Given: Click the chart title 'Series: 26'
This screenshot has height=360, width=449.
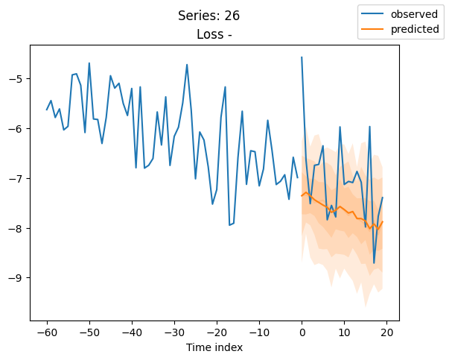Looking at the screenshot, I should [x=208, y=16].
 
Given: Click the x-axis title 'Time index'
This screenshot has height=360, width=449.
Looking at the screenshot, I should [x=214, y=347].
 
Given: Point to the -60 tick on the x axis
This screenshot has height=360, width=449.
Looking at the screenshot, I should [x=46, y=332].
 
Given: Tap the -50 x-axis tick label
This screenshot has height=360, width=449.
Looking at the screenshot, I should [x=89, y=332].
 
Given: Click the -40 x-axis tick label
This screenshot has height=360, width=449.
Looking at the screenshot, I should [x=131, y=332].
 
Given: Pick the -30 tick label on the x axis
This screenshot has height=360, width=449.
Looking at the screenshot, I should [x=173, y=332].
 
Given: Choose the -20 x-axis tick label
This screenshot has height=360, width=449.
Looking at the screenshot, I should [x=217, y=332].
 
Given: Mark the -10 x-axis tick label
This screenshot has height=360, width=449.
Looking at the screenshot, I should [x=259, y=332].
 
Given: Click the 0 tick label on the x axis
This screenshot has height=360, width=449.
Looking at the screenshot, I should [x=302, y=332].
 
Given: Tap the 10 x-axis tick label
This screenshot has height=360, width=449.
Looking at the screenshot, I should [x=344, y=332].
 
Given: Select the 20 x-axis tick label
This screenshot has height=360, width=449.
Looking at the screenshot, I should [x=387, y=332].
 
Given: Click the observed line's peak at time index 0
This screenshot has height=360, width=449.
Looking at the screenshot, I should [x=302, y=57].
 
